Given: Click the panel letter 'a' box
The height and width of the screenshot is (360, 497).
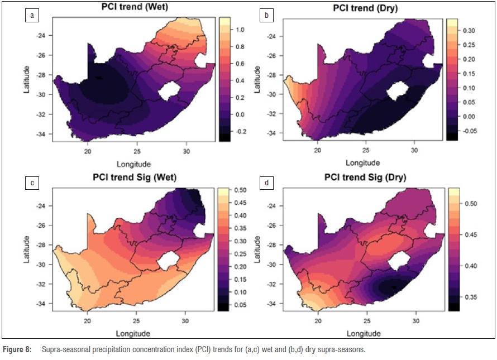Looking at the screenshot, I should coord(32,15).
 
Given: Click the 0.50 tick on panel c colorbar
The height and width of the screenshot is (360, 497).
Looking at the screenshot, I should coord(241,190).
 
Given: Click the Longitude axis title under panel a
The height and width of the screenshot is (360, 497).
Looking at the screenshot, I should coord(133,164).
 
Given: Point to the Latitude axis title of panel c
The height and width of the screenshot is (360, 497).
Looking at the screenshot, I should coord(26,249).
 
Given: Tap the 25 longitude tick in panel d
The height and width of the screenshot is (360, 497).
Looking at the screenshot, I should coord(366,321).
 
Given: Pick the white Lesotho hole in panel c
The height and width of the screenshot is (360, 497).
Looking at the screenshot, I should coord(168,261).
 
